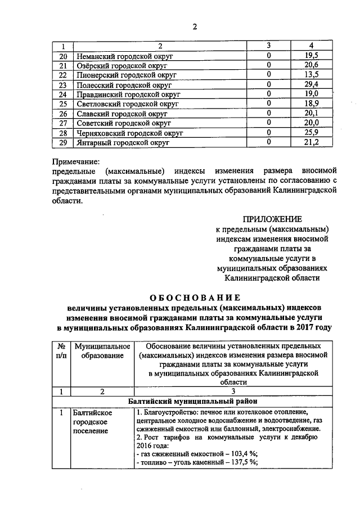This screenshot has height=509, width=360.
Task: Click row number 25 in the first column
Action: (x=63, y=104)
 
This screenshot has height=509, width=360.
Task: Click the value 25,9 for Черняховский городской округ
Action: (x=310, y=133)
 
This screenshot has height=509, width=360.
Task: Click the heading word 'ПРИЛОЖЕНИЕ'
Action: (x=272, y=219)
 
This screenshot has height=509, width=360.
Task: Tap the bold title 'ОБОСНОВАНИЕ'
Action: (x=194, y=297)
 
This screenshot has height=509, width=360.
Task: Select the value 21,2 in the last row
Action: (x=310, y=143)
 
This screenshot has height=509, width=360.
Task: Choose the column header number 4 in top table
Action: (x=310, y=46)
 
